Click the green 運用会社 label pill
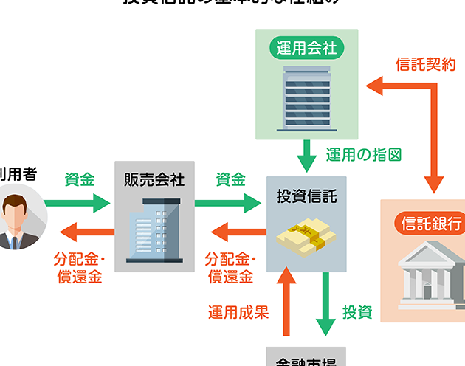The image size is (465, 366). click(x=306, y=49)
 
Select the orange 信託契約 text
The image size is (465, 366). click(x=426, y=64)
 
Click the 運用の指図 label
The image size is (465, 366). click(x=364, y=155)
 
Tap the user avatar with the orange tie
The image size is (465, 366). click(x=16, y=217)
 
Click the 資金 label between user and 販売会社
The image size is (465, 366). click(x=80, y=179)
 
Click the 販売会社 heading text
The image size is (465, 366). click(x=154, y=180)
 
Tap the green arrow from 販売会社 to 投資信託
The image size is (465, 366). click(x=230, y=202)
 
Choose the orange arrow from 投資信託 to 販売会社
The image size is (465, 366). click(x=238, y=235)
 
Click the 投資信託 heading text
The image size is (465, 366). click(x=306, y=197)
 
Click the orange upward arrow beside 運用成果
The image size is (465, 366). click(x=288, y=302)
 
